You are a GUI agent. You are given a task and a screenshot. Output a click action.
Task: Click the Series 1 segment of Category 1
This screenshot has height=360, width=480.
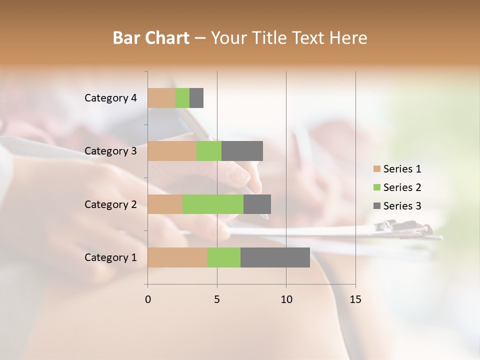(177, 257)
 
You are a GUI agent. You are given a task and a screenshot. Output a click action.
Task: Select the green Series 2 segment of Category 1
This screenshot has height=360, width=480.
(224, 257)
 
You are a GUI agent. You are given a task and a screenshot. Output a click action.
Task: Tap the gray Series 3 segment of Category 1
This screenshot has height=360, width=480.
(275, 257)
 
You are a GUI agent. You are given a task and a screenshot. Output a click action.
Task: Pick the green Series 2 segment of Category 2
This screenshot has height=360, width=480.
(213, 204)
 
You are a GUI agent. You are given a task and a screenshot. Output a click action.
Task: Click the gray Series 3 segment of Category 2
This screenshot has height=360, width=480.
(257, 204)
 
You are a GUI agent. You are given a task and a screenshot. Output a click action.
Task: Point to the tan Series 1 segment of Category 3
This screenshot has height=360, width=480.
(172, 151)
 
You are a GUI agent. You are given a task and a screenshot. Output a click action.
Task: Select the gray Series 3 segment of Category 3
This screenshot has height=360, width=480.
(242, 151)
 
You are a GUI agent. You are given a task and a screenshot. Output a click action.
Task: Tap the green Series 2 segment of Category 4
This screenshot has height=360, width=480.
(182, 98)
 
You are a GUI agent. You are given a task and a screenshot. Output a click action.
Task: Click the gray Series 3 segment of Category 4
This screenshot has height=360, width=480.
(196, 98)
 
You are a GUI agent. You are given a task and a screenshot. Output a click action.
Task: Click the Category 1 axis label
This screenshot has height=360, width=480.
(110, 257)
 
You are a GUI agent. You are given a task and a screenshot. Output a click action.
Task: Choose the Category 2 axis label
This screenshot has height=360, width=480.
(110, 204)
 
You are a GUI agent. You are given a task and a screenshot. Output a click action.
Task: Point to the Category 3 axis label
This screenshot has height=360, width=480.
(110, 151)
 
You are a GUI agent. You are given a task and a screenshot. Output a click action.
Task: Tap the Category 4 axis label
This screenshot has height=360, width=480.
(110, 98)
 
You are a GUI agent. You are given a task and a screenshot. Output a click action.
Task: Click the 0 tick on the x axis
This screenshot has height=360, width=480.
(148, 299)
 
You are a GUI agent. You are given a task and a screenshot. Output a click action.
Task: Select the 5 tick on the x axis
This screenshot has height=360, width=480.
(217, 299)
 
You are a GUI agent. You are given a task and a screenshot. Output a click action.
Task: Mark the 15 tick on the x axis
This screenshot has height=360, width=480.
(355, 299)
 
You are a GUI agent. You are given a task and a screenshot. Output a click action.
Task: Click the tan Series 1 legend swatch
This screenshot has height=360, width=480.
(376, 169)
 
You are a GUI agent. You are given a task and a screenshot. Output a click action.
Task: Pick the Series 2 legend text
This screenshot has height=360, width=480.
(402, 187)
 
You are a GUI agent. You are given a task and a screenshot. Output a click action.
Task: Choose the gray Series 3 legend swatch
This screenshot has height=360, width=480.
(376, 206)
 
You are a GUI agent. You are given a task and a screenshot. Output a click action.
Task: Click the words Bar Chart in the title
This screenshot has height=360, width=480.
(151, 38)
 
